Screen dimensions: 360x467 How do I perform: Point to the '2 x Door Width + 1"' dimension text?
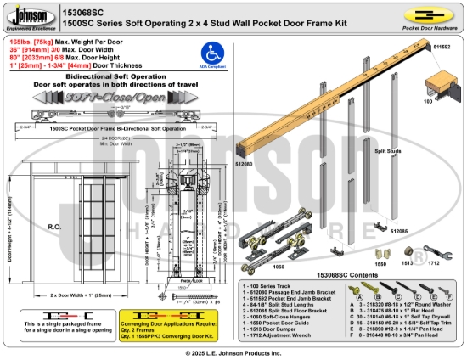pyautogui.click(x=81, y=295)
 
